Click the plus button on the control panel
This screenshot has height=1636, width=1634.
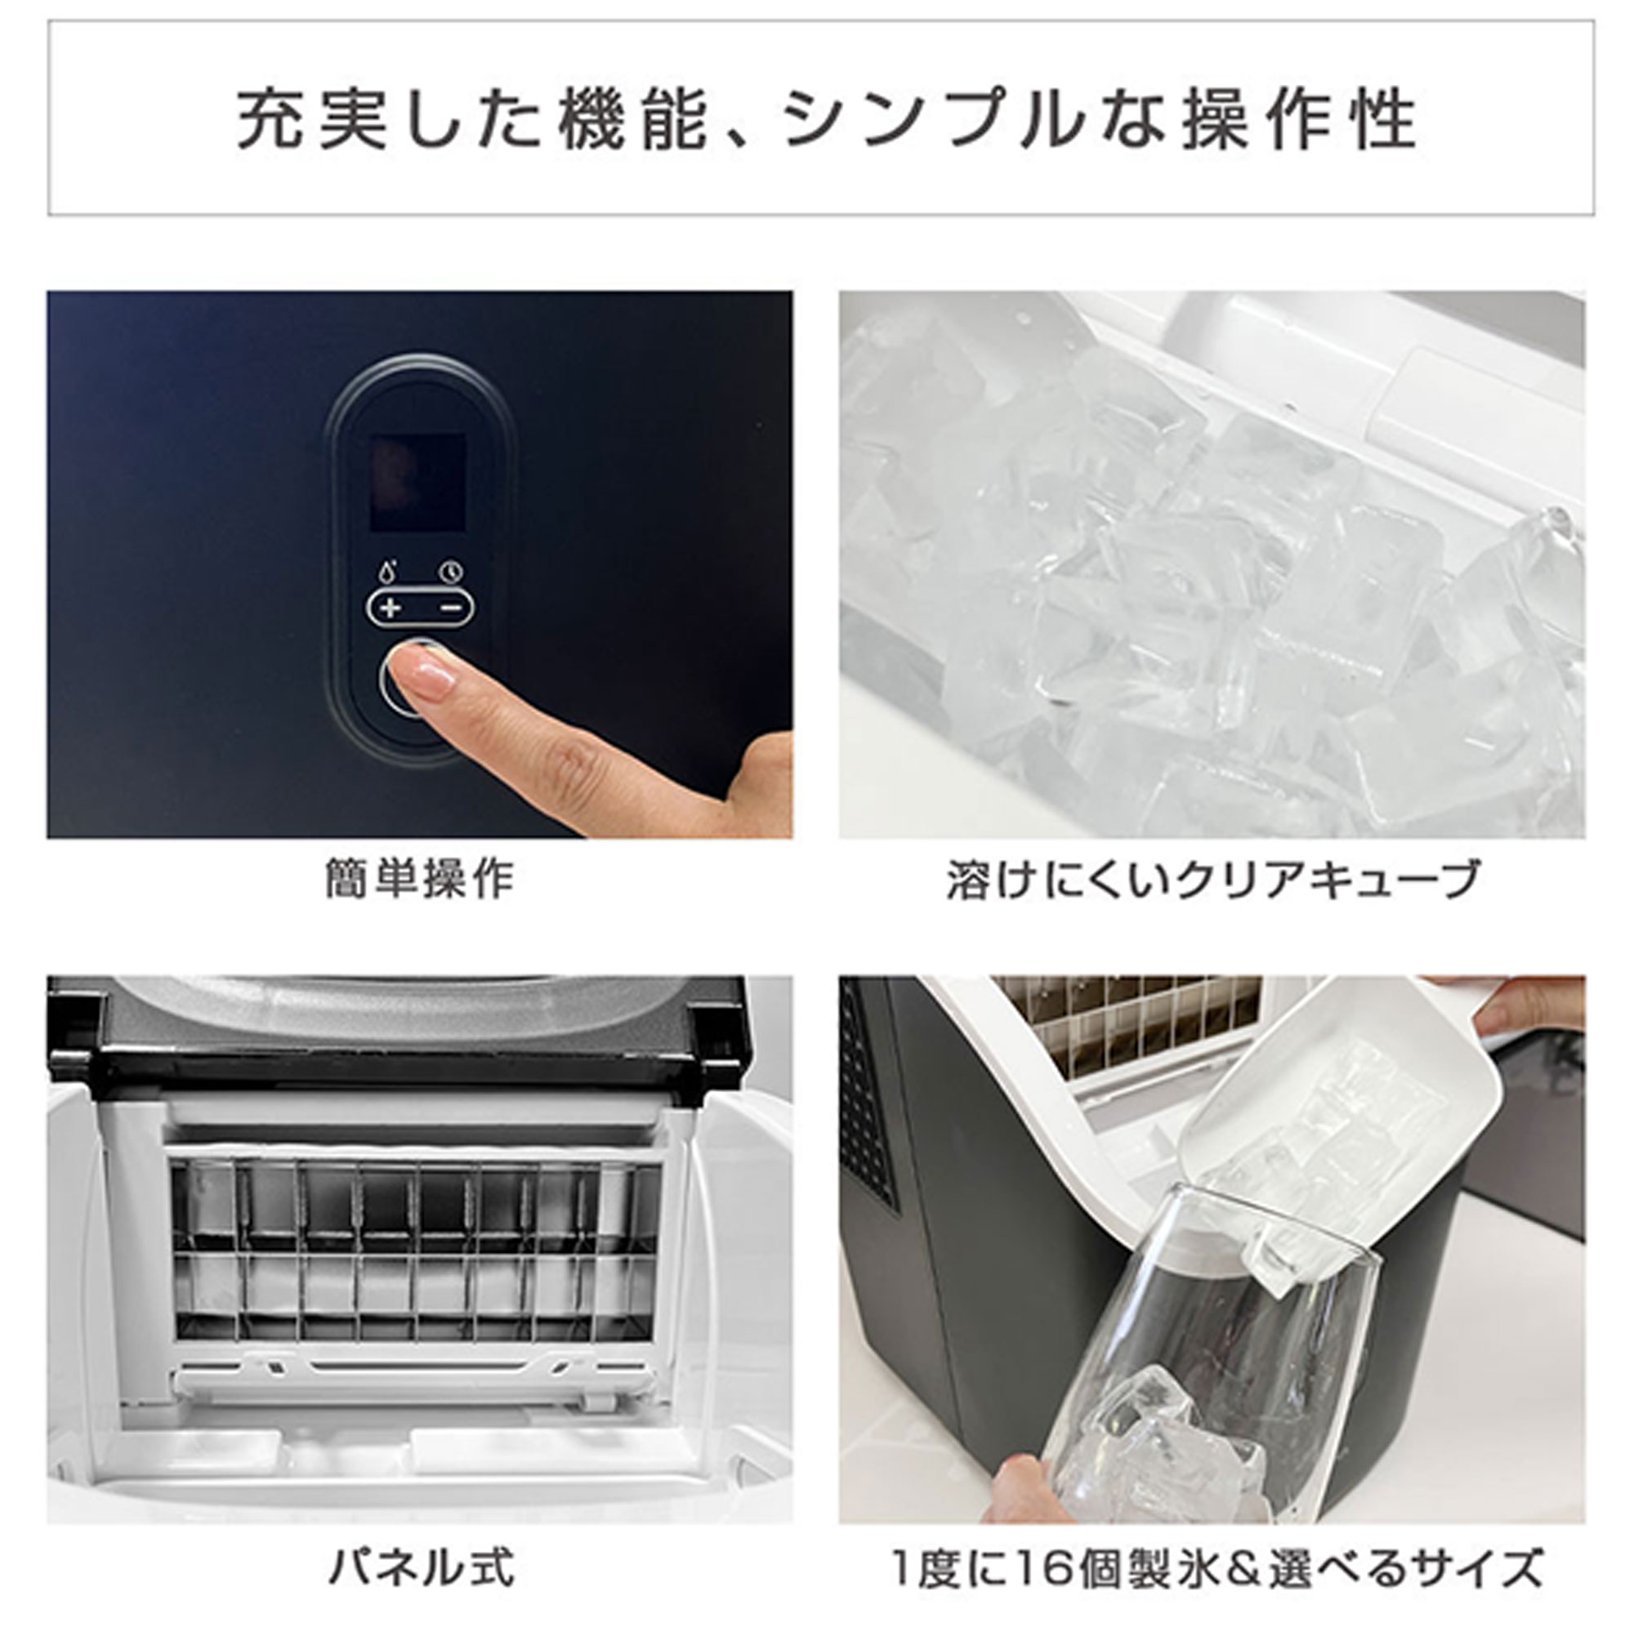click(x=391, y=608)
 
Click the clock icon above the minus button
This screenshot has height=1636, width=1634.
click(x=452, y=571)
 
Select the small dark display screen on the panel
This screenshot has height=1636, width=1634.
click(x=418, y=483)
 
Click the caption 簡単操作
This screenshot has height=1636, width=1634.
click(x=419, y=880)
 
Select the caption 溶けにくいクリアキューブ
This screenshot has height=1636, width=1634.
click(x=1212, y=880)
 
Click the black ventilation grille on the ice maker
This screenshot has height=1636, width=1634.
click(x=865, y=1101)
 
